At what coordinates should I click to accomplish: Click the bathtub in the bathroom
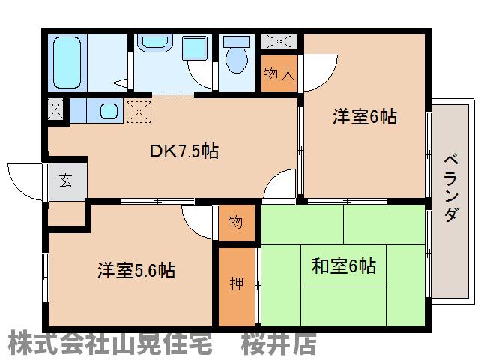coord(67,61)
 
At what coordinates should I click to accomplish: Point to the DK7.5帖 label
coord(184,151)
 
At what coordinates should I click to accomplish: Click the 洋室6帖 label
coord(364,116)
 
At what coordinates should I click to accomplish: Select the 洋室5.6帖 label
coord(136,270)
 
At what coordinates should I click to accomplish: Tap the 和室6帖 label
coord(343,265)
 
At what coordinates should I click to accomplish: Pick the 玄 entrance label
coord(66,180)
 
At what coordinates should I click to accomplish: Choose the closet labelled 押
coord(234,285)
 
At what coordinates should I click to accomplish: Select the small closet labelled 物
coord(235,223)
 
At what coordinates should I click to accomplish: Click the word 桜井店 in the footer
coord(278,343)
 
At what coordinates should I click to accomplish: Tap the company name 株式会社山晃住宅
coord(109,343)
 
